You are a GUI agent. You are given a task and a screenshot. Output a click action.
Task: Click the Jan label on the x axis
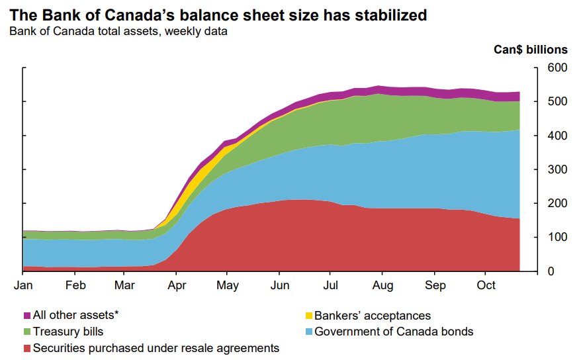[x=23, y=286]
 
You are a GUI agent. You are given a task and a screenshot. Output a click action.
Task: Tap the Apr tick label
[x=177, y=286]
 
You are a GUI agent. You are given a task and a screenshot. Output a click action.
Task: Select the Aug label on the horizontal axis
[x=383, y=286]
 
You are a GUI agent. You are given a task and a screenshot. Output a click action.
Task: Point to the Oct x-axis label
[x=486, y=286]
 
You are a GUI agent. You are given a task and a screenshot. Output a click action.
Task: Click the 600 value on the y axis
[x=558, y=68]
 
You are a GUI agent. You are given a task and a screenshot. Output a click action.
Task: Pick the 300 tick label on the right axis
[x=558, y=169]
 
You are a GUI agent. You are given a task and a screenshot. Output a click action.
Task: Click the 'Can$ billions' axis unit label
[x=531, y=50]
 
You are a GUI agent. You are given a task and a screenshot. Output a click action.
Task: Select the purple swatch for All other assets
[x=27, y=316]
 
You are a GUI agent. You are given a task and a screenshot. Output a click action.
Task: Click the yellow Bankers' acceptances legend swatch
[x=308, y=316]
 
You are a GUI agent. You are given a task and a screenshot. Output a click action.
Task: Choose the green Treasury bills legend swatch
[x=27, y=332]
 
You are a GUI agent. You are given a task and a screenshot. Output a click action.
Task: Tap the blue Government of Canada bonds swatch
[x=308, y=332]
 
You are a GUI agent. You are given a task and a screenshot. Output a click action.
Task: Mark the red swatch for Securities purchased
[x=27, y=348]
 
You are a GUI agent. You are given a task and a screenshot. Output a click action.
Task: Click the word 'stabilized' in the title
[x=388, y=14]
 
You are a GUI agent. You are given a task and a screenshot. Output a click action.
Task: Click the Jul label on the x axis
[x=331, y=286]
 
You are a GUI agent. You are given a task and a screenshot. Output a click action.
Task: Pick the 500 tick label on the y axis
[x=558, y=102]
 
